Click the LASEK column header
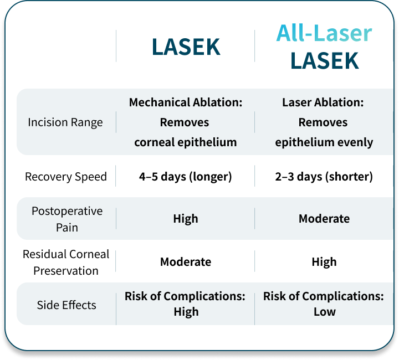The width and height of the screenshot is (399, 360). (x=186, y=47)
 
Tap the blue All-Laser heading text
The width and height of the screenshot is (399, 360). (x=324, y=33)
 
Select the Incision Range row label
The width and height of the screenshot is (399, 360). (x=65, y=122)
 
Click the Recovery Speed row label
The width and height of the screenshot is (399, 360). (x=66, y=177)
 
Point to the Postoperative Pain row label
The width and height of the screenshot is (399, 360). (x=67, y=219)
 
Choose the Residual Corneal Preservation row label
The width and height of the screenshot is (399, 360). (x=66, y=262)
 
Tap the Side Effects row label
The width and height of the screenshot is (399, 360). (x=66, y=305)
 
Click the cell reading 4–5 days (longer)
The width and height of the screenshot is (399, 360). (x=185, y=177)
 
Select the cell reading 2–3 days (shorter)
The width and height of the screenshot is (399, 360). (x=324, y=177)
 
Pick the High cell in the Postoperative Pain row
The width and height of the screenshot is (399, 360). (x=186, y=219)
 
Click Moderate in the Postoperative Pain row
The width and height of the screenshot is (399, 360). (x=324, y=219)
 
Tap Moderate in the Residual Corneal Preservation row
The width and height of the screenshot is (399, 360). (x=186, y=262)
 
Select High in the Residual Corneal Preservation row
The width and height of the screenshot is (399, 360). (x=324, y=262)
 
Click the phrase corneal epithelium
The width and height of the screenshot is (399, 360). (x=186, y=142)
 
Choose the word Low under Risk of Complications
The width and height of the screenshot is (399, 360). (x=324, y=312)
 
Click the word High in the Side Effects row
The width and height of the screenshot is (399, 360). (x=186, y=312)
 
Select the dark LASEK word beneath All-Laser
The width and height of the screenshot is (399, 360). (x=325, y=60)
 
